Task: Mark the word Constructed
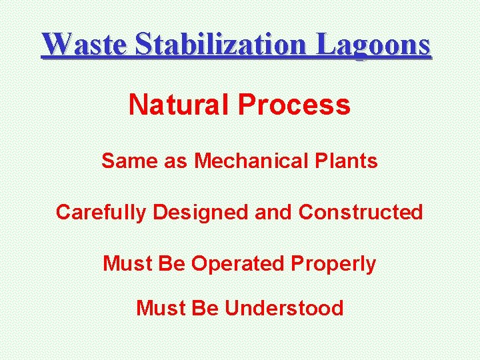pyautogui.click(x=361, y=212)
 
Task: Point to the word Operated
pyautogui.click(x=238, y=264)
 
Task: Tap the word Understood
pyautogui.click(x=285, y=308)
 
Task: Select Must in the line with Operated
pyautogui.click(x=127, y=264)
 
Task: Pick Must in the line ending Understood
pyautogui.click(x=160, y=308)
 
